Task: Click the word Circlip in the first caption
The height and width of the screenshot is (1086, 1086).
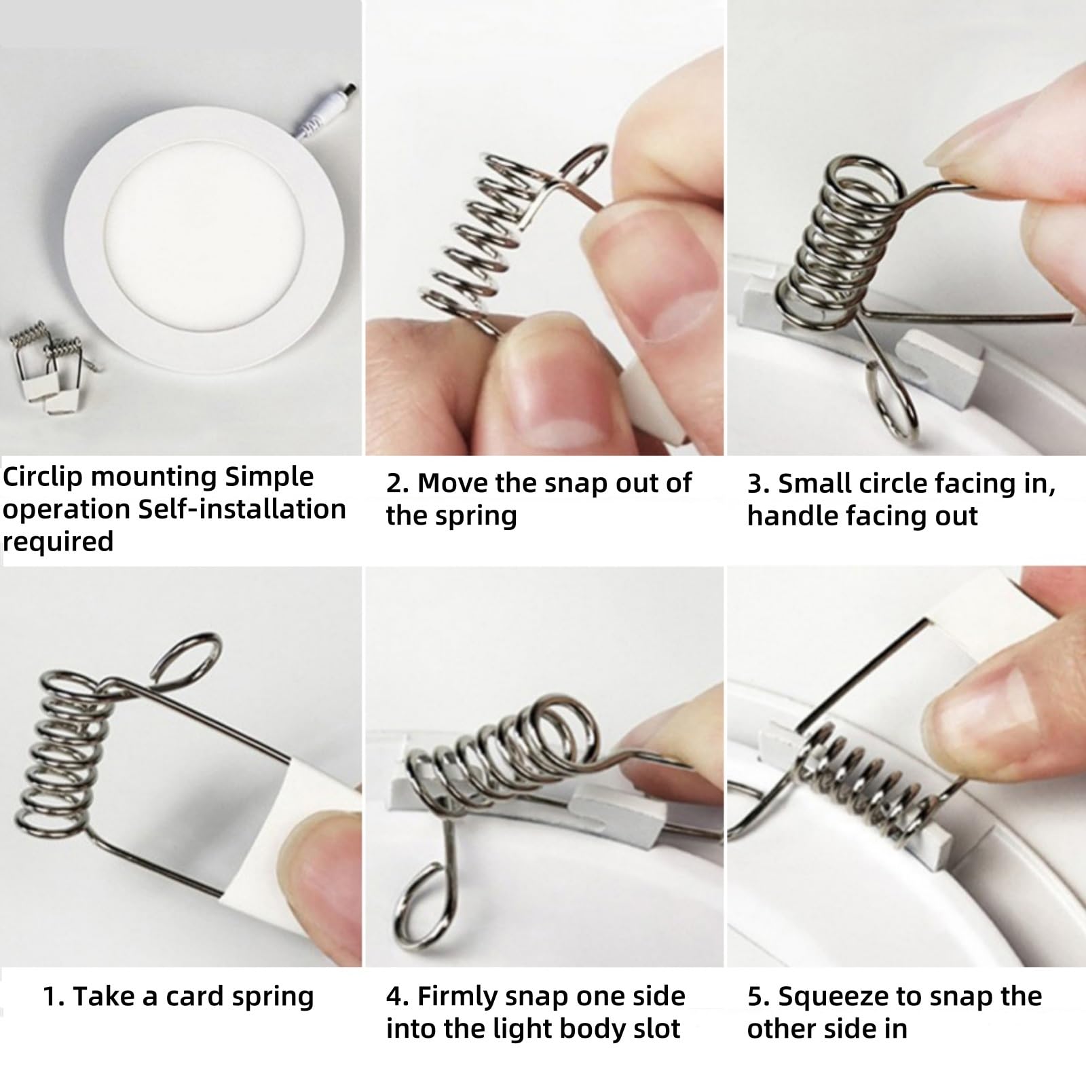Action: pyautogui.click(x=43, y=477)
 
